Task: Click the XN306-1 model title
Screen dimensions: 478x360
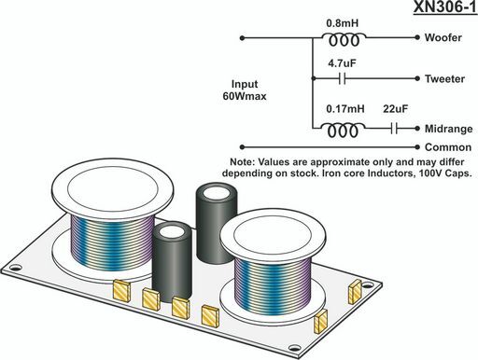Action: pos(445,7)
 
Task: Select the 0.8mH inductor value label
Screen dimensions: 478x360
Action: pos(343,23)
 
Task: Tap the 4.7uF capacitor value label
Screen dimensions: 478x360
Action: pos(342,63)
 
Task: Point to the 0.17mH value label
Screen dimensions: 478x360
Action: pos(345,109)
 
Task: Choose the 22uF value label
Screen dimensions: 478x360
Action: pos(395,109)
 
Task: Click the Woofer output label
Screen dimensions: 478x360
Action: pos(443,37)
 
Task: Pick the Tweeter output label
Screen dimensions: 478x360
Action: pos(444,78)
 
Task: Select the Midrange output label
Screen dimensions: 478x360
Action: pos(448,129)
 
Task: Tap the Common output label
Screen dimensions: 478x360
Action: pos(448,147)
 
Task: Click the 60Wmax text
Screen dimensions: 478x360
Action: pos(245,96)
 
